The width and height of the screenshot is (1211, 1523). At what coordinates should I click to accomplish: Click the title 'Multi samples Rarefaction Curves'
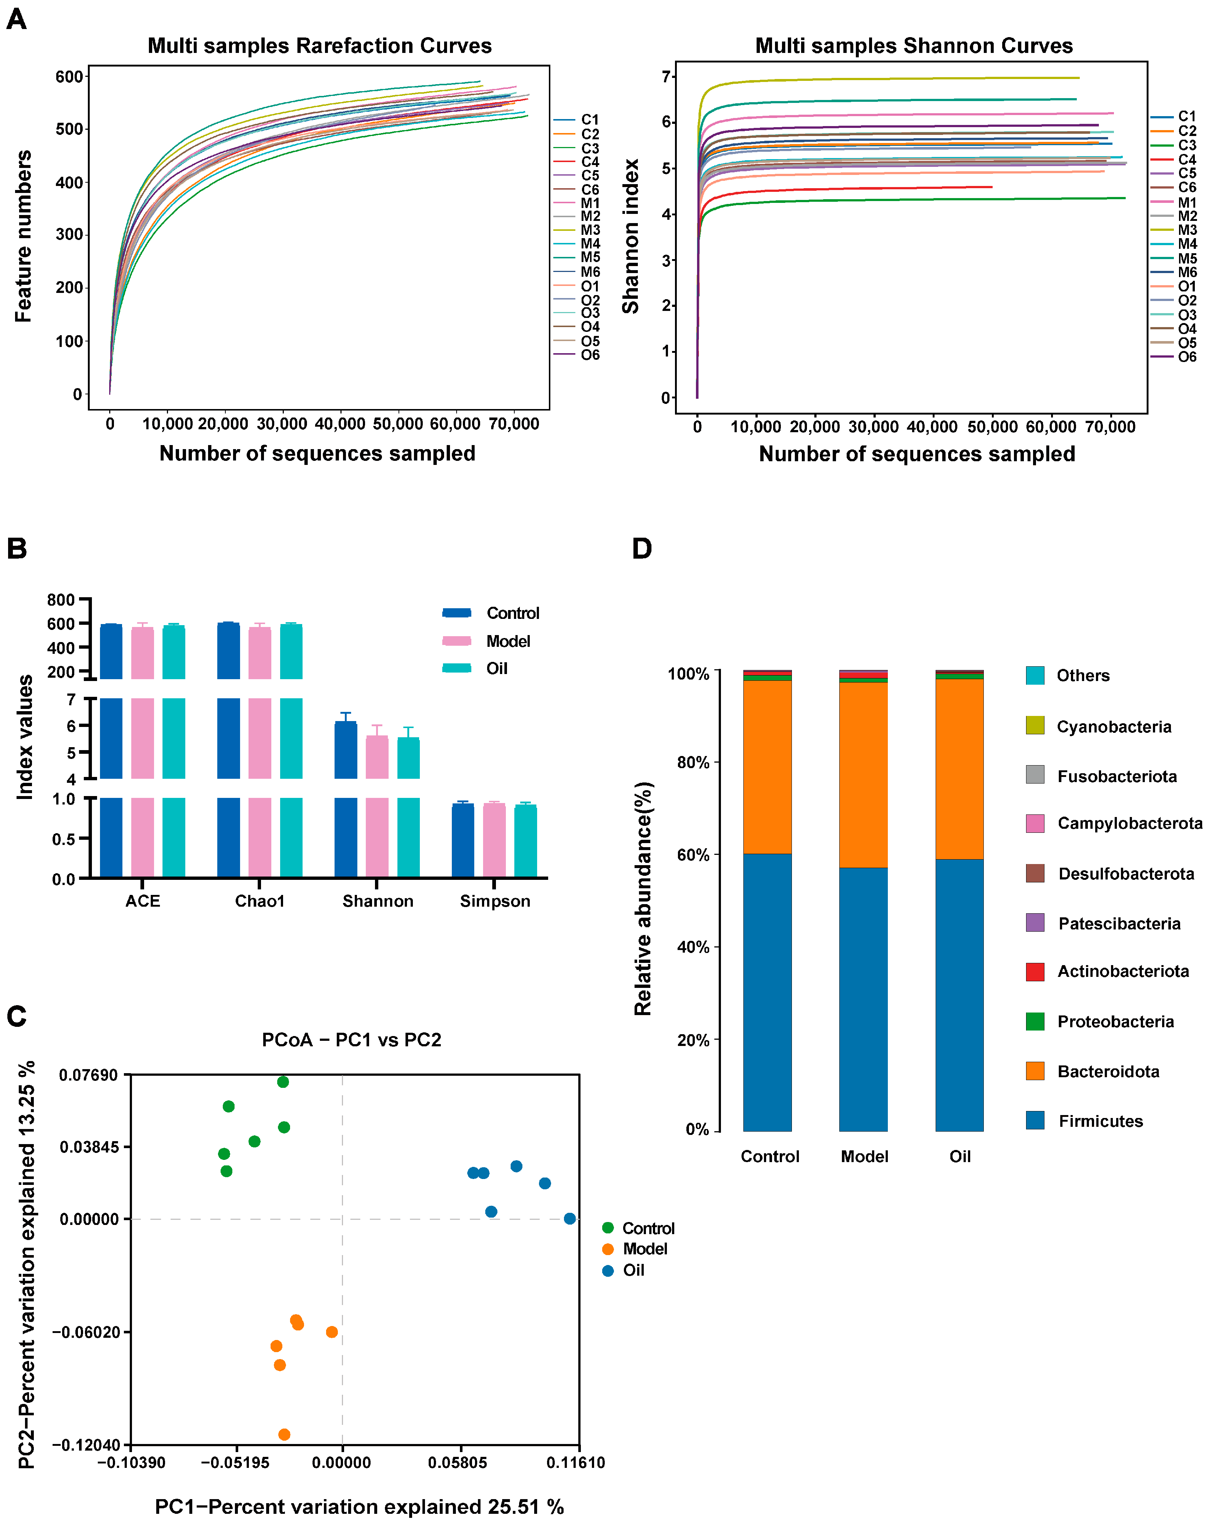click(x=319, y=46)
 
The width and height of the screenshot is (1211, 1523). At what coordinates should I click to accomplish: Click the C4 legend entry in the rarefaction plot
click(x=589, y=162)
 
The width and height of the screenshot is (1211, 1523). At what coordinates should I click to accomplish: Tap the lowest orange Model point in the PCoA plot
click(x=284, y=1434)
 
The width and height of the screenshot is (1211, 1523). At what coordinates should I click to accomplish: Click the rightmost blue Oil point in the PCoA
click(x=569, y=1219)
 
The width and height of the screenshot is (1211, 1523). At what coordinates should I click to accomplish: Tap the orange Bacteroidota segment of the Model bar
click(x=863, y=774)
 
